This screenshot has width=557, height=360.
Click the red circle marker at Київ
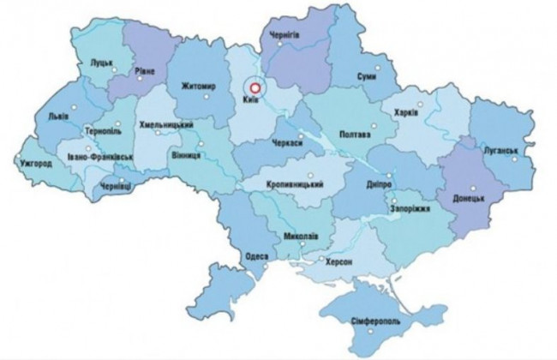(254, 86)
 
